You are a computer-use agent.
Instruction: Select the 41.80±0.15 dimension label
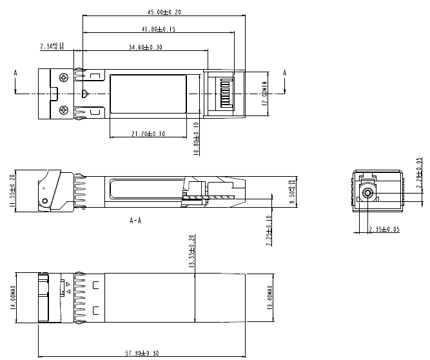pos(158,29)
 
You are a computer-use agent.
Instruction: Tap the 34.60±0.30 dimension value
pos(145,47)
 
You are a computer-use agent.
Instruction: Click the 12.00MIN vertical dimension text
pos(264,93)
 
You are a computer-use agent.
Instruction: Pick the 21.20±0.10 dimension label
pos(148,134)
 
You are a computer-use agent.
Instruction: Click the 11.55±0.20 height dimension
pos(13,191)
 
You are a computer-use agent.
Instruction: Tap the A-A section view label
pos(136,220)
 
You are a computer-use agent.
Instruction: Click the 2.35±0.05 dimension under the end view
pos(384,230)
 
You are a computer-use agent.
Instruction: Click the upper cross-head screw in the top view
pos(63,78)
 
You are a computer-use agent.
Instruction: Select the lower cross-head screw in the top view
pos(63,110)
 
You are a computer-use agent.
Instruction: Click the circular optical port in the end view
pos(368,193)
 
